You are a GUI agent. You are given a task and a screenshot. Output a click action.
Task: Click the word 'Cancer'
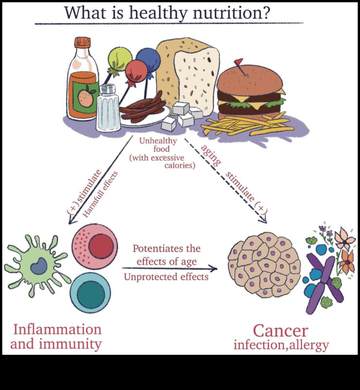click(x=281, y=331)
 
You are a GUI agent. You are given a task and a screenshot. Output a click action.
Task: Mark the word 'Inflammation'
click(x=57, y=329)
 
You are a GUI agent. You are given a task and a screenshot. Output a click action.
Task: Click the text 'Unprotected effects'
click(x=166, y=277)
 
